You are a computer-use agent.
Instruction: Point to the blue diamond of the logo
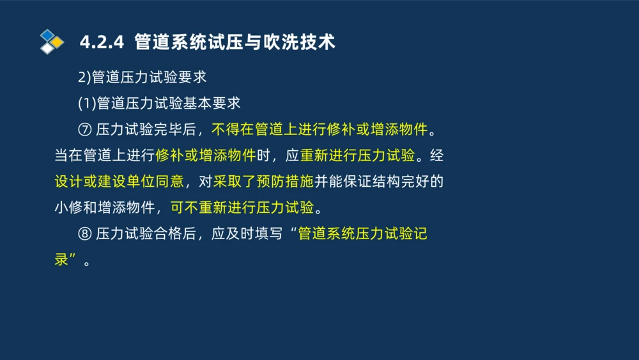point(47,34)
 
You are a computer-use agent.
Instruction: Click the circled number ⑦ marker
point(84,130)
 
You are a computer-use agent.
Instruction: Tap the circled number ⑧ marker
point(84,234)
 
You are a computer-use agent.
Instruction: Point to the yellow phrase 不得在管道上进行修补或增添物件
point(319,130)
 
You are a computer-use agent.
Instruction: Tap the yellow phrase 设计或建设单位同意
point(119,182)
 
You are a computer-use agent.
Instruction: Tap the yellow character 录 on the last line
point(61,260)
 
